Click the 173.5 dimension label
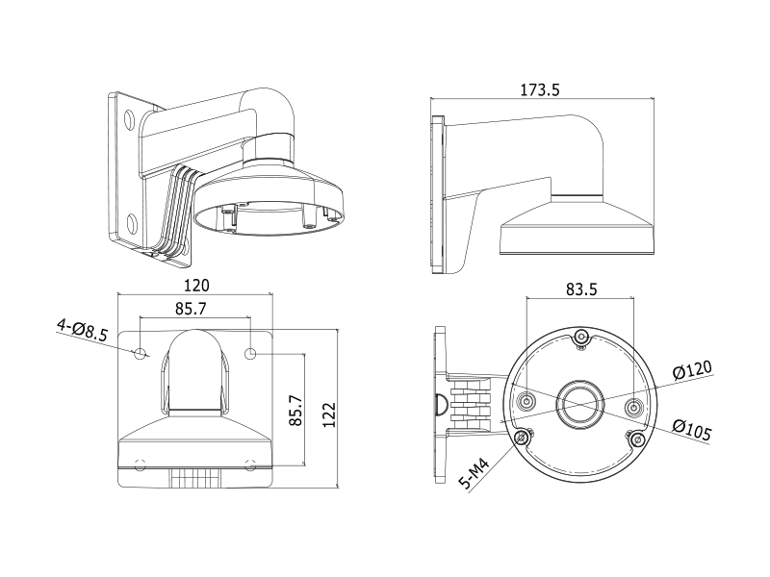pos(540,89)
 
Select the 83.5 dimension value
pos(581,289)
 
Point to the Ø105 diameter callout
pos(692,430)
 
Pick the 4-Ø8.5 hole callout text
pos(82,330)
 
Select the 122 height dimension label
pos(329,415)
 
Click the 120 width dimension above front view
pos(196,285)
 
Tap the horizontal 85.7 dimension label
pos(191,309)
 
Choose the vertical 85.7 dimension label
pos(295,411)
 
